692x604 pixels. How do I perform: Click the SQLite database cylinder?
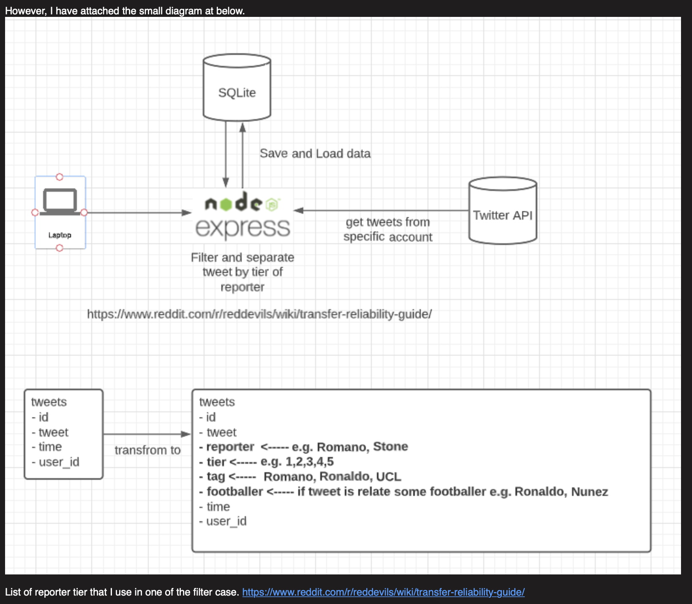tap(237, 87)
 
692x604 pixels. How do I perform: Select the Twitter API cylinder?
tap(503, 210)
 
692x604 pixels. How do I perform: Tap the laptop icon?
tap(60, 201)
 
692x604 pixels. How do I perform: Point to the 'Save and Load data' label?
tap(315, 153)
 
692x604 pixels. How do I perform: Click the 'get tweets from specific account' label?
tap(388, 229)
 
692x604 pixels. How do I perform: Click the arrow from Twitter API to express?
tap(381, 210)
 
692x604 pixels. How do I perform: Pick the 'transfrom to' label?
tap(147, 450)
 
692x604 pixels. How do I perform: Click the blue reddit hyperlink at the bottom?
tap(383, 592)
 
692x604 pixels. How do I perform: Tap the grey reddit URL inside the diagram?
tap(259, 314)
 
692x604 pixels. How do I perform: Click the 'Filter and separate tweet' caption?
tap(242, 272)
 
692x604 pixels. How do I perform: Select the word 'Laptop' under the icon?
tap(60, 235)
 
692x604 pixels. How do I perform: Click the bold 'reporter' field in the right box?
tap(230, 447)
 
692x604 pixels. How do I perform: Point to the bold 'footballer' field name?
tap(235, 492)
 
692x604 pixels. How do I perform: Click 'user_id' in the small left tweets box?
tap(59, 462)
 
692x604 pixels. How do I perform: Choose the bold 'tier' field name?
tap(216, 462)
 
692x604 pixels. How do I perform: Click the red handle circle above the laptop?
tap(60, 177)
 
